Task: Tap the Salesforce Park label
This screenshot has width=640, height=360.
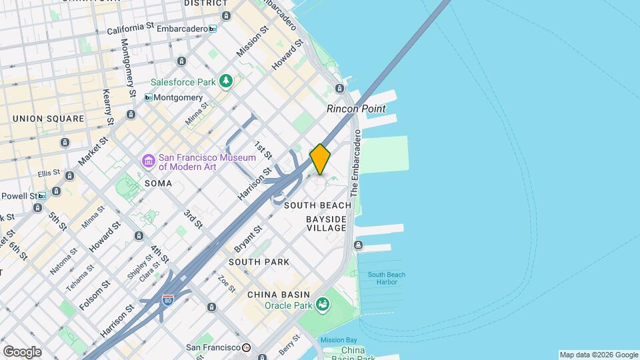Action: click(x=183, y=82)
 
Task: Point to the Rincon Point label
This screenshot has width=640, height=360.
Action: click(x=356, y=109)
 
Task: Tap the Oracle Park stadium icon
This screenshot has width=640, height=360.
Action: click(x=323, y=305)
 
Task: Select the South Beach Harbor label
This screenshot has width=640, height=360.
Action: click(x=387, y=279)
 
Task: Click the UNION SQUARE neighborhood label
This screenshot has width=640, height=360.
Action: click(x=49, y=119)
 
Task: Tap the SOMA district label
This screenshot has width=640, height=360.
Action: click(x=158, y=183)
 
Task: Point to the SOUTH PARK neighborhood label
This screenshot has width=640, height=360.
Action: click(x=259, y=262)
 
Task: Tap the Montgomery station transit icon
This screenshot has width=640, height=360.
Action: click(x=148, y=97)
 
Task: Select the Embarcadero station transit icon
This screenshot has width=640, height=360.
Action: click(x=212, y=29)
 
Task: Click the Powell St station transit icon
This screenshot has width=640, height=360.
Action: click(x=42, y=196)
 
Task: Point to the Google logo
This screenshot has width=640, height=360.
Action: click(x=22, y=352)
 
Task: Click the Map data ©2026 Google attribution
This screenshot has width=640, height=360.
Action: click(x=598, y=355)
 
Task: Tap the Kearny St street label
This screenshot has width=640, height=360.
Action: click(x=107, y=107)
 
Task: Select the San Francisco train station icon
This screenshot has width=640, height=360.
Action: click(x=246, y=347)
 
